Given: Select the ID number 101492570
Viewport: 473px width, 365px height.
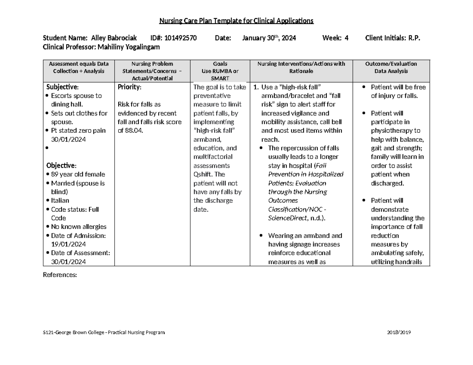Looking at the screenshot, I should [x=181, y=38].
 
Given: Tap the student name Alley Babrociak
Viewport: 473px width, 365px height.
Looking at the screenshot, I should [x=114, y=38].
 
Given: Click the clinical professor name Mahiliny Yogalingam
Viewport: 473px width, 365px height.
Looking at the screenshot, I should [x=128, y=47].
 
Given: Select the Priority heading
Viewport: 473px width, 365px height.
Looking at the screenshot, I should [x=129, y=87].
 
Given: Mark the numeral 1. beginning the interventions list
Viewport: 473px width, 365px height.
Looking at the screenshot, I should [x=256, y=87].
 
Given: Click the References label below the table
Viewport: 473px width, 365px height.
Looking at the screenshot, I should [x=59, y=275].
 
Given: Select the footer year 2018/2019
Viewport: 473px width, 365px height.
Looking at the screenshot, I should [x=399, y=333].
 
